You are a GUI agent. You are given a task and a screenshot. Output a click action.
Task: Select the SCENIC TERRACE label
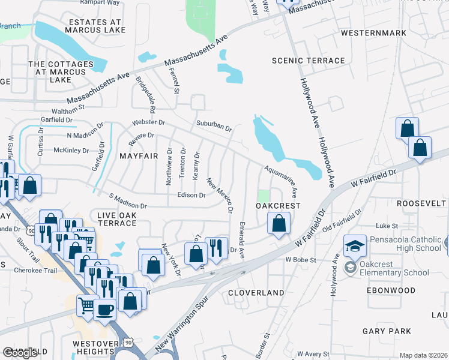click(x=308, y=61)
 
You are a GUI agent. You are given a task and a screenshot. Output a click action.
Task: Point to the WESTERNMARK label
click(x=370, y=33)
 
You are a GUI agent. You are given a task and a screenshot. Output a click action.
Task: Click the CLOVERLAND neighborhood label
click(x=256, y=293)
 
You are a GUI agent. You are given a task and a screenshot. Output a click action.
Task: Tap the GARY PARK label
click(x=387, y=331)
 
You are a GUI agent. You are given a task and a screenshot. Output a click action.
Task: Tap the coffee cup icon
click(x=106, y=310)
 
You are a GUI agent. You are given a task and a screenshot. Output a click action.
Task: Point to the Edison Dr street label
click(x=191, y=195)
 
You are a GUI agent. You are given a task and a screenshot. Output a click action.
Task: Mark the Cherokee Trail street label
click(x=35, y=271)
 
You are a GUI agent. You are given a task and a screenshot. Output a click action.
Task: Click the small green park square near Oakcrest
click(x=264, y=196)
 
